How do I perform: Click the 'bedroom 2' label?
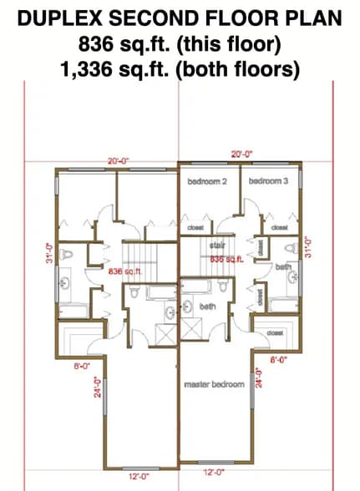[x=208, y=181]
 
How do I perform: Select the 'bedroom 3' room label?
[x=267, y=181]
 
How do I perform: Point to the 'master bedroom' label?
[x=215, y=384]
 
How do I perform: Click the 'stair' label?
[x=218, y=245]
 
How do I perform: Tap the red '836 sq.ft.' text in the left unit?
[x=125, y=272]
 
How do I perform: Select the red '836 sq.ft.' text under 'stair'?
[x=226, y=259]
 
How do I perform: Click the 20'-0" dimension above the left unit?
[x=119, y=160]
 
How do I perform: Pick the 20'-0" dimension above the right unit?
[x=242, y=154]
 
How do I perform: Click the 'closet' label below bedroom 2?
[x=197, y=226]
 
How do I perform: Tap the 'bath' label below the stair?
[x=209, y=306]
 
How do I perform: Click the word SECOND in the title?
[x=153, y=17]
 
